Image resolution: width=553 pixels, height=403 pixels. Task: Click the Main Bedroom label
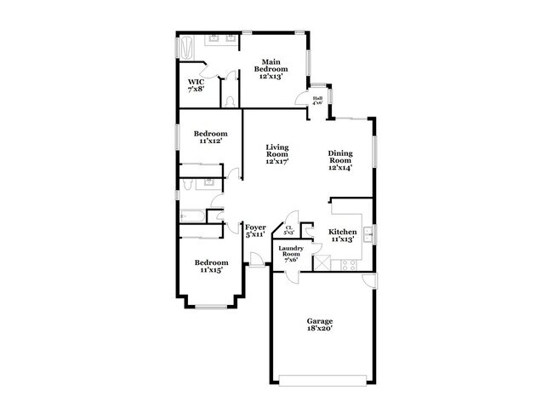tap(271, 69)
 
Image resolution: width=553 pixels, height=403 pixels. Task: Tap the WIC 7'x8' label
tap(196, 85)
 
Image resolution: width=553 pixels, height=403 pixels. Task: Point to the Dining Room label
tap(340, 161)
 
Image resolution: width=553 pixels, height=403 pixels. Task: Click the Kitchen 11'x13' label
tap(342, 235)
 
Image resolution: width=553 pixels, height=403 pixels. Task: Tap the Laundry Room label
tap(291, 255)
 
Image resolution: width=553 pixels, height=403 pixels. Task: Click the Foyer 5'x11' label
tap(255, 230)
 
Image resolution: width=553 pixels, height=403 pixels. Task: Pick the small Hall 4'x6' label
tap(317, 101)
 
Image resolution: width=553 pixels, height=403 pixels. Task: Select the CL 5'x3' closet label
tap(289, 229)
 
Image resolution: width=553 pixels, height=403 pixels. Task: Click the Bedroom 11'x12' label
tap(209, 137)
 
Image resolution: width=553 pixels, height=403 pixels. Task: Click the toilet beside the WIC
tap(231, 101)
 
